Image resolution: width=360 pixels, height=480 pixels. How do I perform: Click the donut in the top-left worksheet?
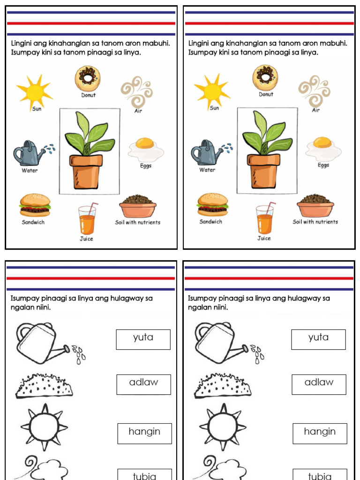(x=87, y=77)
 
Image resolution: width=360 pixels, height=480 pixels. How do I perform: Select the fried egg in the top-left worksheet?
(x=145, y=149)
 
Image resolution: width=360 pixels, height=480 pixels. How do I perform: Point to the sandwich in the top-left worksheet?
(x=35, y=205)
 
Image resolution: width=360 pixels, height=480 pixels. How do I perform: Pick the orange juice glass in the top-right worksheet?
(x=264, y=220)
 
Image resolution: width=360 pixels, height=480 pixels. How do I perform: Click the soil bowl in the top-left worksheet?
(x=138, y=206)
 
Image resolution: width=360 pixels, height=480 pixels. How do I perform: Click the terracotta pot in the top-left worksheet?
(x=86, y=171)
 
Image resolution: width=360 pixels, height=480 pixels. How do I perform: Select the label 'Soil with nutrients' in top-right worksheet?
(x=315, y=222)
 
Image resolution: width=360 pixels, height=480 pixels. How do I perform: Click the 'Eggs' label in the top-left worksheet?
(x=146, y=166)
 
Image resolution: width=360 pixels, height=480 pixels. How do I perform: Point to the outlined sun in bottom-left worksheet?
(x=44, y=427)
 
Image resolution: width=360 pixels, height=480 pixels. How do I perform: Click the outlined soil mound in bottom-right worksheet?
(x=222, y=386)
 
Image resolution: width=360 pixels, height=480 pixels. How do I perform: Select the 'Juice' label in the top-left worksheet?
(x=87, y=239)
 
